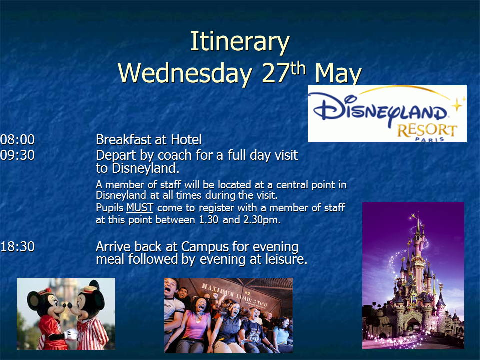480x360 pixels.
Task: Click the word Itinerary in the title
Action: point(240,42)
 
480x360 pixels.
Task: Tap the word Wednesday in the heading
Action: point(185,73)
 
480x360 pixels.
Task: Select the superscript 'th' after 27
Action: point(298,68)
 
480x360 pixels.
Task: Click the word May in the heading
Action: point(338,74)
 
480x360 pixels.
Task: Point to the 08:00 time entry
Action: point(18,140)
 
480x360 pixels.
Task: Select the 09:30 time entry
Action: point(18,155)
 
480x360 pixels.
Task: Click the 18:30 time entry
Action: point(18,246)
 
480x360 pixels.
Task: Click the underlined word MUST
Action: point(140,208)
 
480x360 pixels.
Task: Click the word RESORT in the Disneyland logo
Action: point(427,130)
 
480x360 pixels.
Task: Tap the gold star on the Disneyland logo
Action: point(457,105)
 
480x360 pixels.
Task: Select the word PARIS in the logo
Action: point(430,139)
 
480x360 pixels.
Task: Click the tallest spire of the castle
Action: point(418,223)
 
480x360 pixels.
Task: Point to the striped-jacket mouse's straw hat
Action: point(87,289)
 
